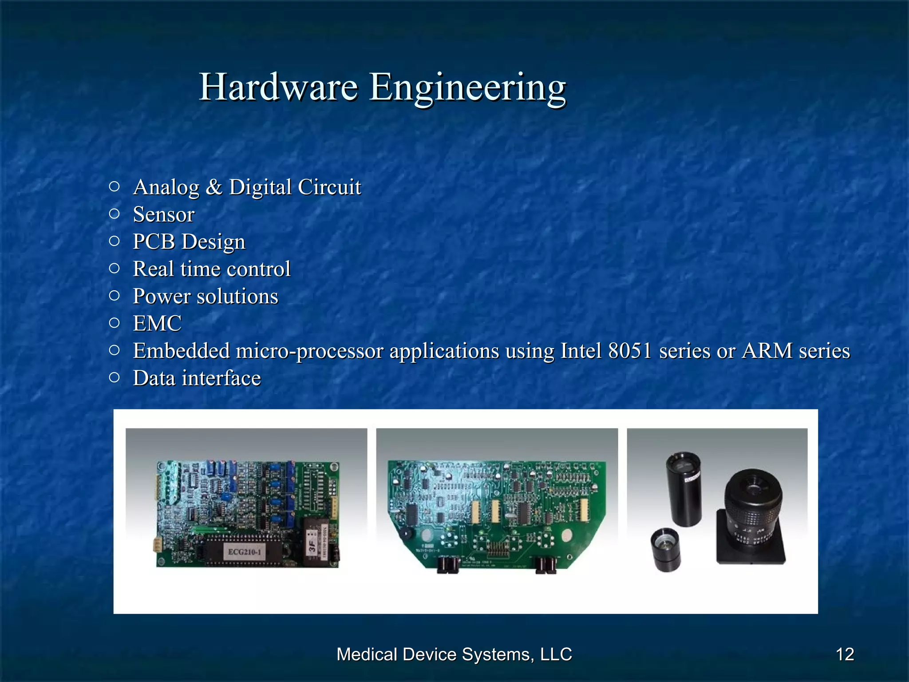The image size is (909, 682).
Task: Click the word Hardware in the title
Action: [278, 87]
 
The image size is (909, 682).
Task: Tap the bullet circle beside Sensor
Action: [114, 214]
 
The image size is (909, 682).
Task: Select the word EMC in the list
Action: [157, 323]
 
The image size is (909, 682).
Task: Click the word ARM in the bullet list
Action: [767, 351]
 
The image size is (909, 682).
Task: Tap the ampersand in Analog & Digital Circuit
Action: [214, 187]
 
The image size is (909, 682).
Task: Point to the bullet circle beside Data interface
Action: [114, 378]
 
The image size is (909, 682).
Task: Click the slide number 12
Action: [845, 654]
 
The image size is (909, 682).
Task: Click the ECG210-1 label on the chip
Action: [245, 552]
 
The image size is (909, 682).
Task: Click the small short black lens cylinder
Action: [665, 550]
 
